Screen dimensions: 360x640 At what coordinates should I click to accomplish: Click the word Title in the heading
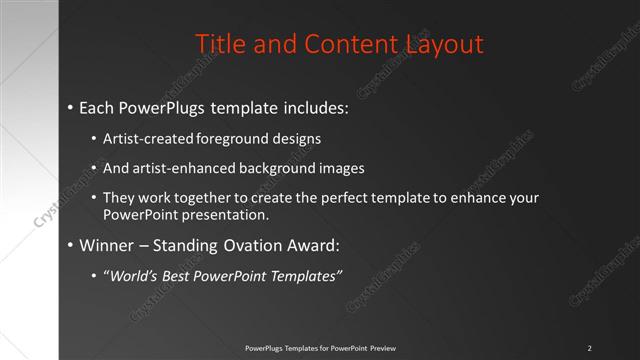click(x=218, y=44)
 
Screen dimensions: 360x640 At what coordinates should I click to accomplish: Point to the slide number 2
click(x=590, y=347)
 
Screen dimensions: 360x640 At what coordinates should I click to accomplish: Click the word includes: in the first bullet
click(x=312, y=106)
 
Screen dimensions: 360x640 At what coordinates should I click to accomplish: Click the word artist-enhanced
click(x=182, y=168)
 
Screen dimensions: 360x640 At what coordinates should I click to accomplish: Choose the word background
click(x=274, y=168)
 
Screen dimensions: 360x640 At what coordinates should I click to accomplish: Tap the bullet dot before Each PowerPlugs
click(x=70, y=106)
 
